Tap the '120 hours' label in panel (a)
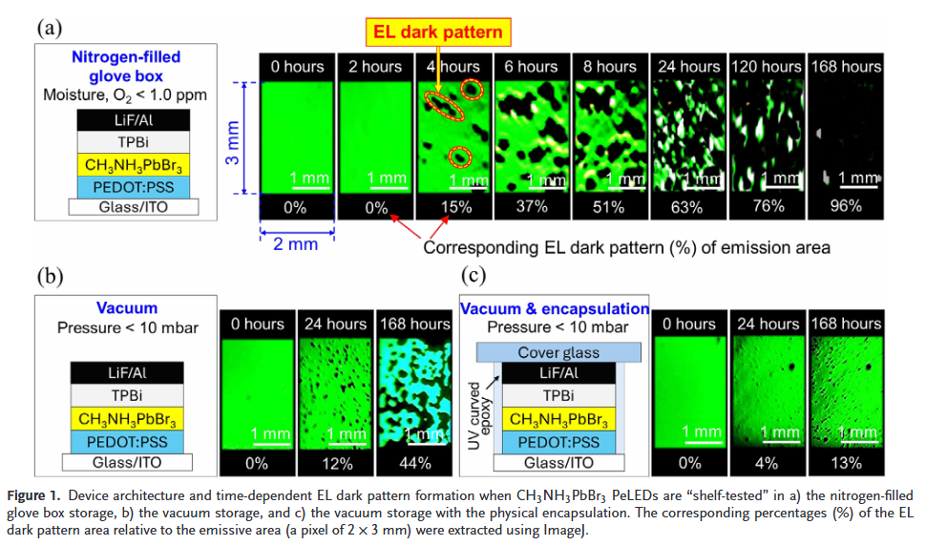coord(766,66)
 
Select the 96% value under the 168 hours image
coord(845,206)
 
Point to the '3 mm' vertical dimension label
coord(231,139)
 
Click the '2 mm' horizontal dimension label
coord(296,244)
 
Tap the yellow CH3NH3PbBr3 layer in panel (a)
coord(134,165)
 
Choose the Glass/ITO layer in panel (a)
coord(134,207)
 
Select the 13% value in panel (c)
coord(845,463)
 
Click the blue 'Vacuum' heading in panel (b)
coord(127,308)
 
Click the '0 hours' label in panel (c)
coord(689,324)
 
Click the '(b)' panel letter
coord(51,277)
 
